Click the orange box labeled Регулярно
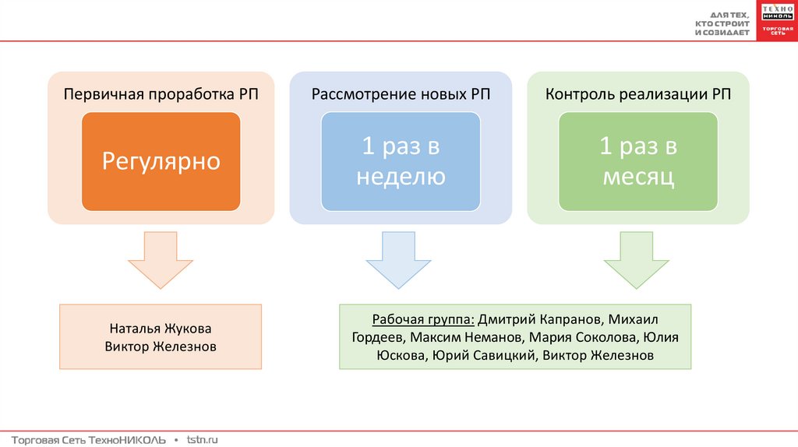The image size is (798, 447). (x=161, y=161)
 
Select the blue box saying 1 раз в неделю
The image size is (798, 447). (x=401, y=161)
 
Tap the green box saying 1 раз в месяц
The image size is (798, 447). (x=638, y=161)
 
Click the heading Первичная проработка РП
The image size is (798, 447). (x=161, y=95)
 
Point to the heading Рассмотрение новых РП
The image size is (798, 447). (x=401, y=95)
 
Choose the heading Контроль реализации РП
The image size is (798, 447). (x=638, y=95)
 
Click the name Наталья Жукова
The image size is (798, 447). (x=161, y=328)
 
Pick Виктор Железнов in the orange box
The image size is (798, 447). (x=161, y=346)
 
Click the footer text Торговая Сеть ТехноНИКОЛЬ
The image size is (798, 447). (x=89, y=440)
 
